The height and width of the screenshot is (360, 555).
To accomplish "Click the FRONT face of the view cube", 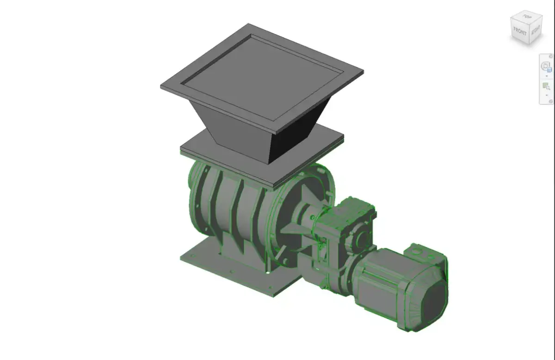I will click(519, 32).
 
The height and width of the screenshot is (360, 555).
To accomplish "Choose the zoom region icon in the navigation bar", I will click(546, 86).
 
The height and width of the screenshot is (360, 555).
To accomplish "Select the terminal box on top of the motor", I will click(423, 254).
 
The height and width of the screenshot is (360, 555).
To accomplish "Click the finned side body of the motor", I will click(379, 282).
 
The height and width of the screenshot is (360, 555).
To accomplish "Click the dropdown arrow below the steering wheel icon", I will click(546, 76).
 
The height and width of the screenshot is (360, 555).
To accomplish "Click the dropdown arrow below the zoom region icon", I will click(546, 95).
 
